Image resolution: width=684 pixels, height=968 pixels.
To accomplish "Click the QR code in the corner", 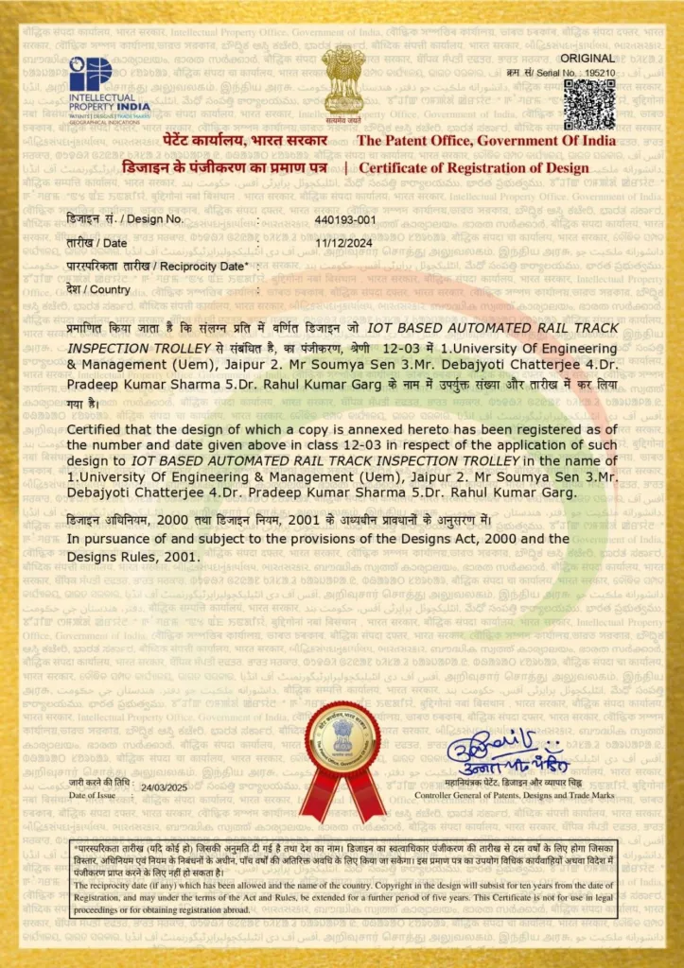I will point(589,104).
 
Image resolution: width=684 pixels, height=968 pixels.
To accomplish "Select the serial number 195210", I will point(600,73).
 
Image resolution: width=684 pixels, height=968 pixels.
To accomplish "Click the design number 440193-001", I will point(345,219).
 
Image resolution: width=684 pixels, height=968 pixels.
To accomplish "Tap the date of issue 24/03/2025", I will point(165,787).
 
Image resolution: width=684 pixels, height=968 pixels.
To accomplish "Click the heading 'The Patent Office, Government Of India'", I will point(485,141).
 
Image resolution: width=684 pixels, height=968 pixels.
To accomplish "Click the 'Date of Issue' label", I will point(91,796).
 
